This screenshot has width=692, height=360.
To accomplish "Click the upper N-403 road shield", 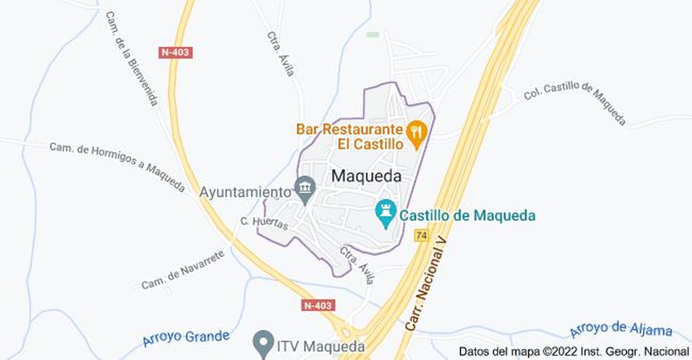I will point(175,52).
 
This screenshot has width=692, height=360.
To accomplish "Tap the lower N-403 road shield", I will point(318,305).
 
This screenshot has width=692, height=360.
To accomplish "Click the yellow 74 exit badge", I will point(421,236).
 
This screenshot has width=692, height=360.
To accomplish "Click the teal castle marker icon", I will point(385,212).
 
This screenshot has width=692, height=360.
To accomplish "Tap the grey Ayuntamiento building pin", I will point(305,188).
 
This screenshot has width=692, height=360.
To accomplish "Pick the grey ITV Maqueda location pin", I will point(263,343).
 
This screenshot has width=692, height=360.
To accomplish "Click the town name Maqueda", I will point(366,176).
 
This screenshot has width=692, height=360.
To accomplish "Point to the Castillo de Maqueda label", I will point(467,215).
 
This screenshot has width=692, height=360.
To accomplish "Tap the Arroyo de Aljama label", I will point(621,330).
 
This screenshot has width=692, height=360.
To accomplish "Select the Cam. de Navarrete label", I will point(183,270).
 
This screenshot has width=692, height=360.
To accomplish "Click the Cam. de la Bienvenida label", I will point(131,59).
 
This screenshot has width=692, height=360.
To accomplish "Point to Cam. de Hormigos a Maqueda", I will point(117,166).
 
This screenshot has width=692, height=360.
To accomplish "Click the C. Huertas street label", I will point(264,223).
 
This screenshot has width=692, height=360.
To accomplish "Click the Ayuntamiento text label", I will point(245,192).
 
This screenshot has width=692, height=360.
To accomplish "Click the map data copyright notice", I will point(573,351).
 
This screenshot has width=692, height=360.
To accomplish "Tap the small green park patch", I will point(373,34).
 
